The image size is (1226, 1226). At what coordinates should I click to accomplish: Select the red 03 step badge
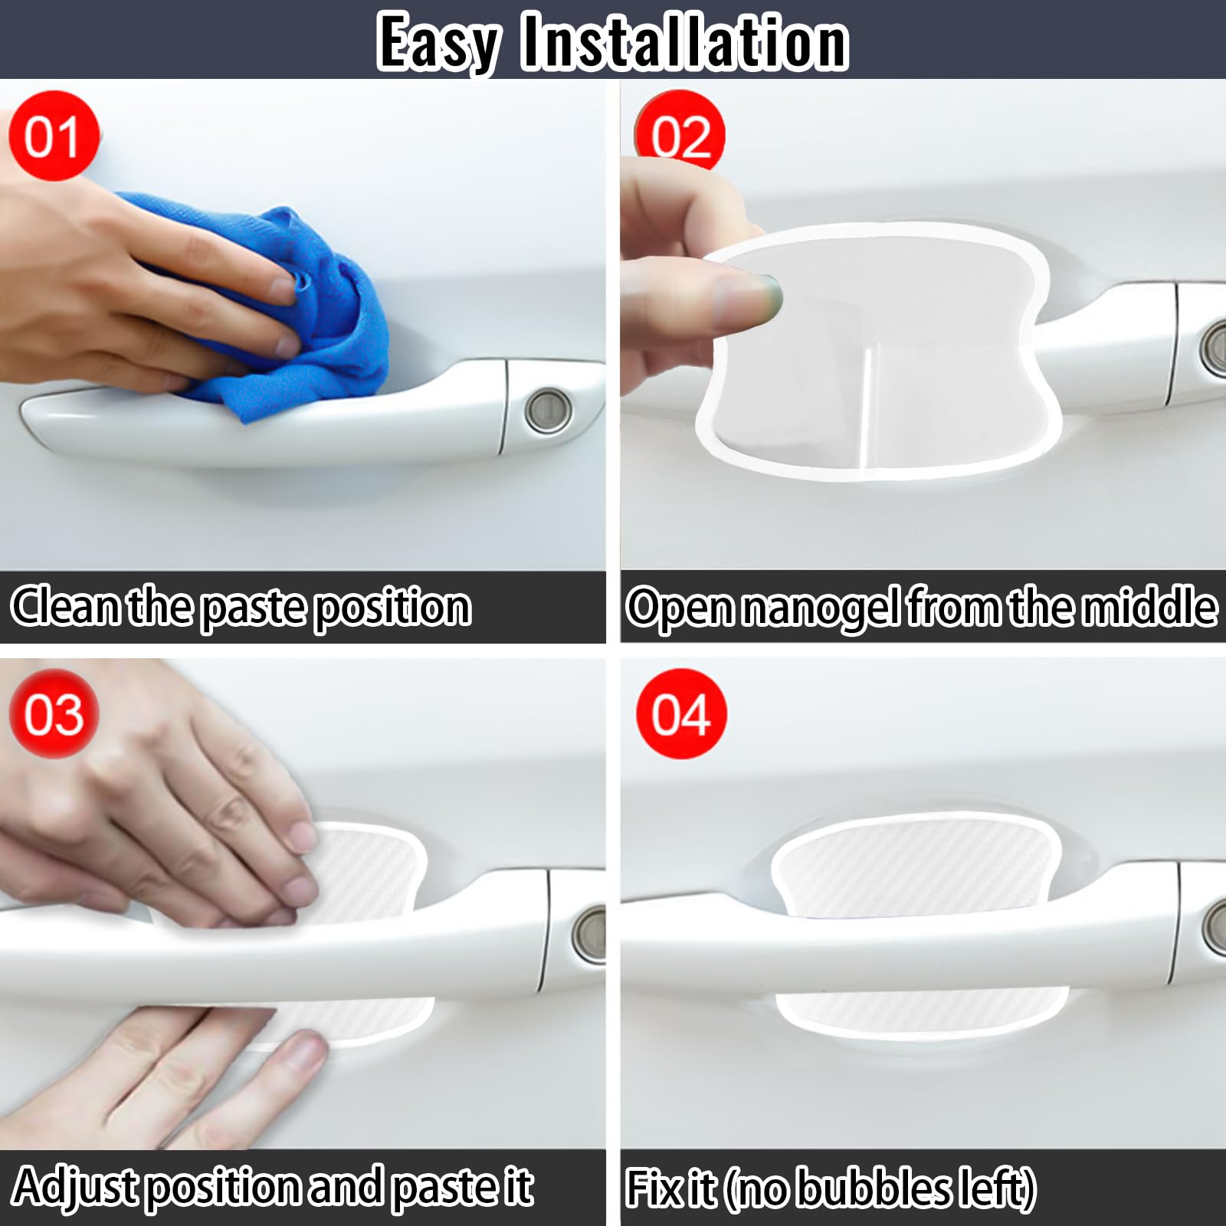[x=53, y=714]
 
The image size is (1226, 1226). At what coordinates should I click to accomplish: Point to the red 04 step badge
[x=680, y=714]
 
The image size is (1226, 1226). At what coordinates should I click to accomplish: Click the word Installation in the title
[x=683, y=43]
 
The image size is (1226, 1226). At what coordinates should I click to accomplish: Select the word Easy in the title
[x=439, y=44]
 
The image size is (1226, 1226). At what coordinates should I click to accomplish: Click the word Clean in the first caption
[x=65, y=606]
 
